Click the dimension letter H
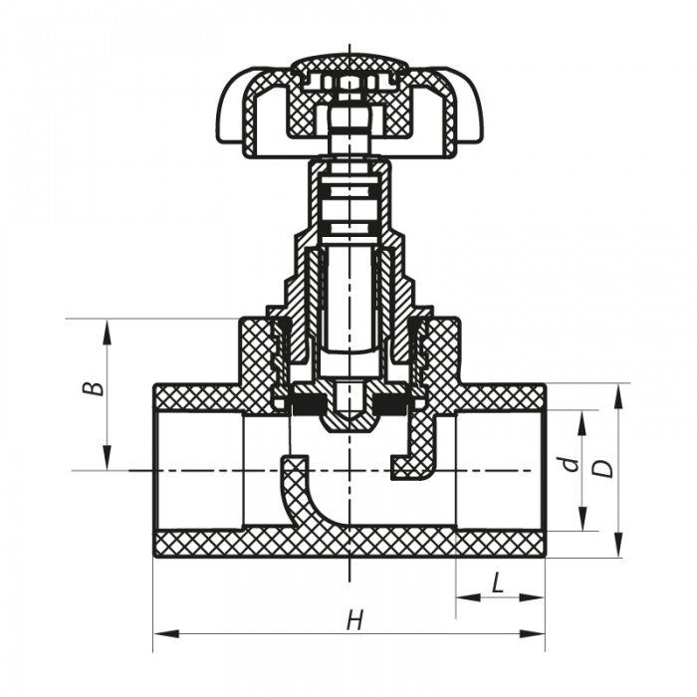click(x=353, y=621)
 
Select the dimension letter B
click(x=92, y=387)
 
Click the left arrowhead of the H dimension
click(x=159, y=633)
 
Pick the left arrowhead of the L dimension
click(x=463, y=597)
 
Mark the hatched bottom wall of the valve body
click(x=348, y=544)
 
